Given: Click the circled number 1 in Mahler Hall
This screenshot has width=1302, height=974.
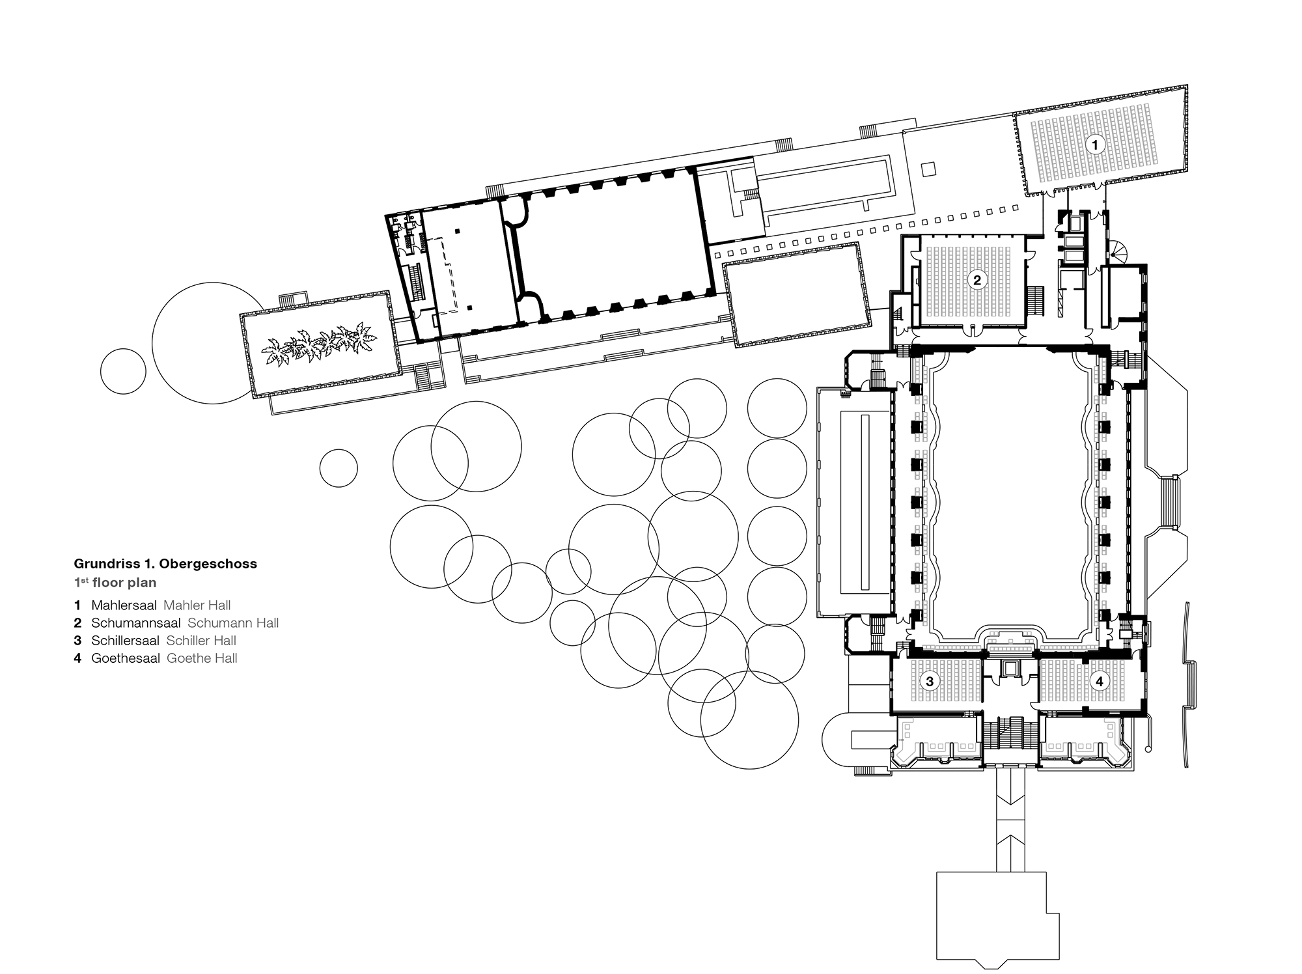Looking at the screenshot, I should point(1094,145).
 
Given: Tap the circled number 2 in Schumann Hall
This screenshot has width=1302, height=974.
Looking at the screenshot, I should point(976,281).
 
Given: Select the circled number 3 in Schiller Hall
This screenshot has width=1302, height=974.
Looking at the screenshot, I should point(930,682).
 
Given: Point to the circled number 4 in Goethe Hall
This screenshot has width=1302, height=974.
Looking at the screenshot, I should point(1100,682).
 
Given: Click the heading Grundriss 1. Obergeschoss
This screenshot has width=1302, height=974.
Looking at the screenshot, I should point(165,564).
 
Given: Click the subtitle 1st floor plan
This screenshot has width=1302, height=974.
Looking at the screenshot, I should point(115,583).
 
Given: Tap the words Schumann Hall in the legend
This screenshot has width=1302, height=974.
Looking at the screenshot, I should point(232,623).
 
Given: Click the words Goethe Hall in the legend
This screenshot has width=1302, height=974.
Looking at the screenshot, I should point(202,658).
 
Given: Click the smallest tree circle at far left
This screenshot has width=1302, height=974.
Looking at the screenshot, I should point(123,371).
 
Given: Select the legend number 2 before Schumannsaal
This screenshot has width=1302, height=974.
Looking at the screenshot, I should point(77,623).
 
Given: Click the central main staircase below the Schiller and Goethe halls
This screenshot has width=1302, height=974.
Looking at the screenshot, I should point(1008,740).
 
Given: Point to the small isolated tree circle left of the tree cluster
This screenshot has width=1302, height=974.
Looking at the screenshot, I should point(339,467).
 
